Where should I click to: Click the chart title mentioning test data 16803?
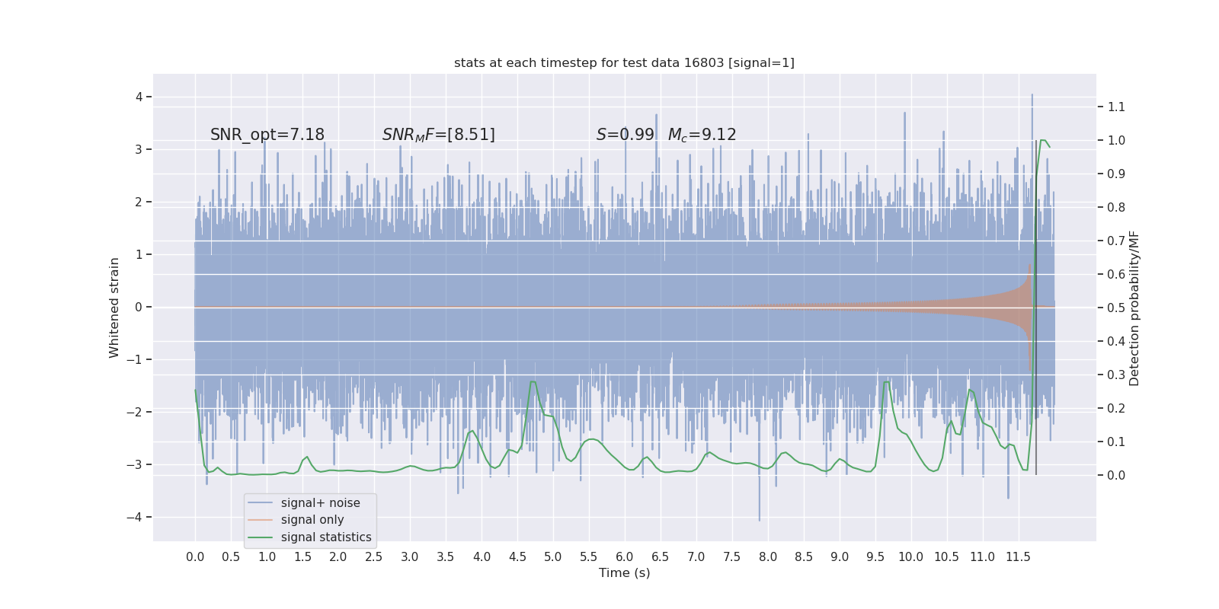point(624,62)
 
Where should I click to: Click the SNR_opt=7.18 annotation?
point(267,135)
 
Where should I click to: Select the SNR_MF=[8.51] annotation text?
point(438,135)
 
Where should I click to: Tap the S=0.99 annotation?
point(625,135)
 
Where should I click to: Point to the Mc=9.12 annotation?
point(702,135)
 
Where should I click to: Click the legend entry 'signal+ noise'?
point(320,503)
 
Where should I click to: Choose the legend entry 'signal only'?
point(312,520)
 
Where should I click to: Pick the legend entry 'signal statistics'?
point(326,537)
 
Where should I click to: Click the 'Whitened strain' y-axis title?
point(114,308)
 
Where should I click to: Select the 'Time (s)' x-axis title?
point(624,572)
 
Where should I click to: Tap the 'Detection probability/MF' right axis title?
point(1134,308)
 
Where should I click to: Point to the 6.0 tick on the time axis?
point(625,556)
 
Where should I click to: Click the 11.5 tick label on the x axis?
point(1018,556)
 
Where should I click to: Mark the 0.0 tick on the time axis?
point(195,556)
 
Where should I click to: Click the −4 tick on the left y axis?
point(138,518)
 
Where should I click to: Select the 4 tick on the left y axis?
point(139,97)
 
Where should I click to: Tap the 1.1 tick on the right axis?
point(1116,107)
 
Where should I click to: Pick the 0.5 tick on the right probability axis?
point(1116,308)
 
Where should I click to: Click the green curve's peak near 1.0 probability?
point(1042,140)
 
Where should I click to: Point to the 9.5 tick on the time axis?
point(875,556)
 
